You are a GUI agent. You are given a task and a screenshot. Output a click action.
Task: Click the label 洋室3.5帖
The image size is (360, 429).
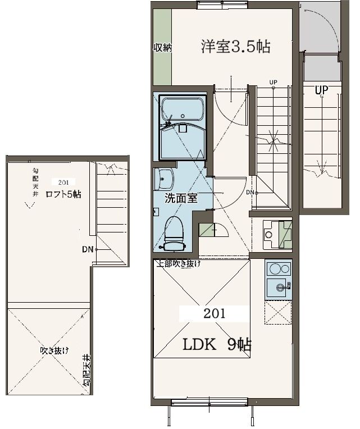[x=236, y=47]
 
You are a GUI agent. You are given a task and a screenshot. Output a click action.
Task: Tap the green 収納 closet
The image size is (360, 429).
[x=162, y=47]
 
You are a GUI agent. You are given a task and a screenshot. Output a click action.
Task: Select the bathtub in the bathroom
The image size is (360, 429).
[x=183, y=109]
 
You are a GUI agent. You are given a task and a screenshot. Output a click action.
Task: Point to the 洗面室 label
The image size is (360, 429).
[x=181, y=198]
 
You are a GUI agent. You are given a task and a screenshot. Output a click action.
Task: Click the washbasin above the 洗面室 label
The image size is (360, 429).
[x=164, y=179]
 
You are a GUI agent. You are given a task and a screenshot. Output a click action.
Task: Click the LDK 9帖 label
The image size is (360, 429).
[x=217, y=344]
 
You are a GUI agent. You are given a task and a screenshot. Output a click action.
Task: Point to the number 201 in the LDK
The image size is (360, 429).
[x=214, y=313]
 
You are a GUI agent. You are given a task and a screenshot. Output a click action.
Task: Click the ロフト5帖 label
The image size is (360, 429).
[x=63, y=194]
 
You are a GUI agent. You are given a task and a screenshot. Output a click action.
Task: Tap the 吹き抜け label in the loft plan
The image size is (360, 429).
[x=54, y=350]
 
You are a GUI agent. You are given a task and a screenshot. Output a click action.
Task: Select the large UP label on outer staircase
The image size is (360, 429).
[x=321, y=90]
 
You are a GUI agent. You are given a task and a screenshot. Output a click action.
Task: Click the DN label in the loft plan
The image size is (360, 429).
[x=88, y=249]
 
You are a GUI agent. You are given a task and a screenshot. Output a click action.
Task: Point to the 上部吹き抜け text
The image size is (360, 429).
[x=179, y=264]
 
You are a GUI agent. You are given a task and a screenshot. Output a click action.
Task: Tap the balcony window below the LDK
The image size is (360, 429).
[x=209, y=402]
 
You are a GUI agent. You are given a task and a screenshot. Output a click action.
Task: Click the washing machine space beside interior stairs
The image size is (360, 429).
[x=277, y=235]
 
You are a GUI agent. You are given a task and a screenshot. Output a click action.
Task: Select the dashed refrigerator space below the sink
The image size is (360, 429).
[x=278, y=312]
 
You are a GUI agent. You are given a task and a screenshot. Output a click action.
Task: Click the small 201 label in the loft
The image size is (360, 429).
[x=63, y=182]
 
